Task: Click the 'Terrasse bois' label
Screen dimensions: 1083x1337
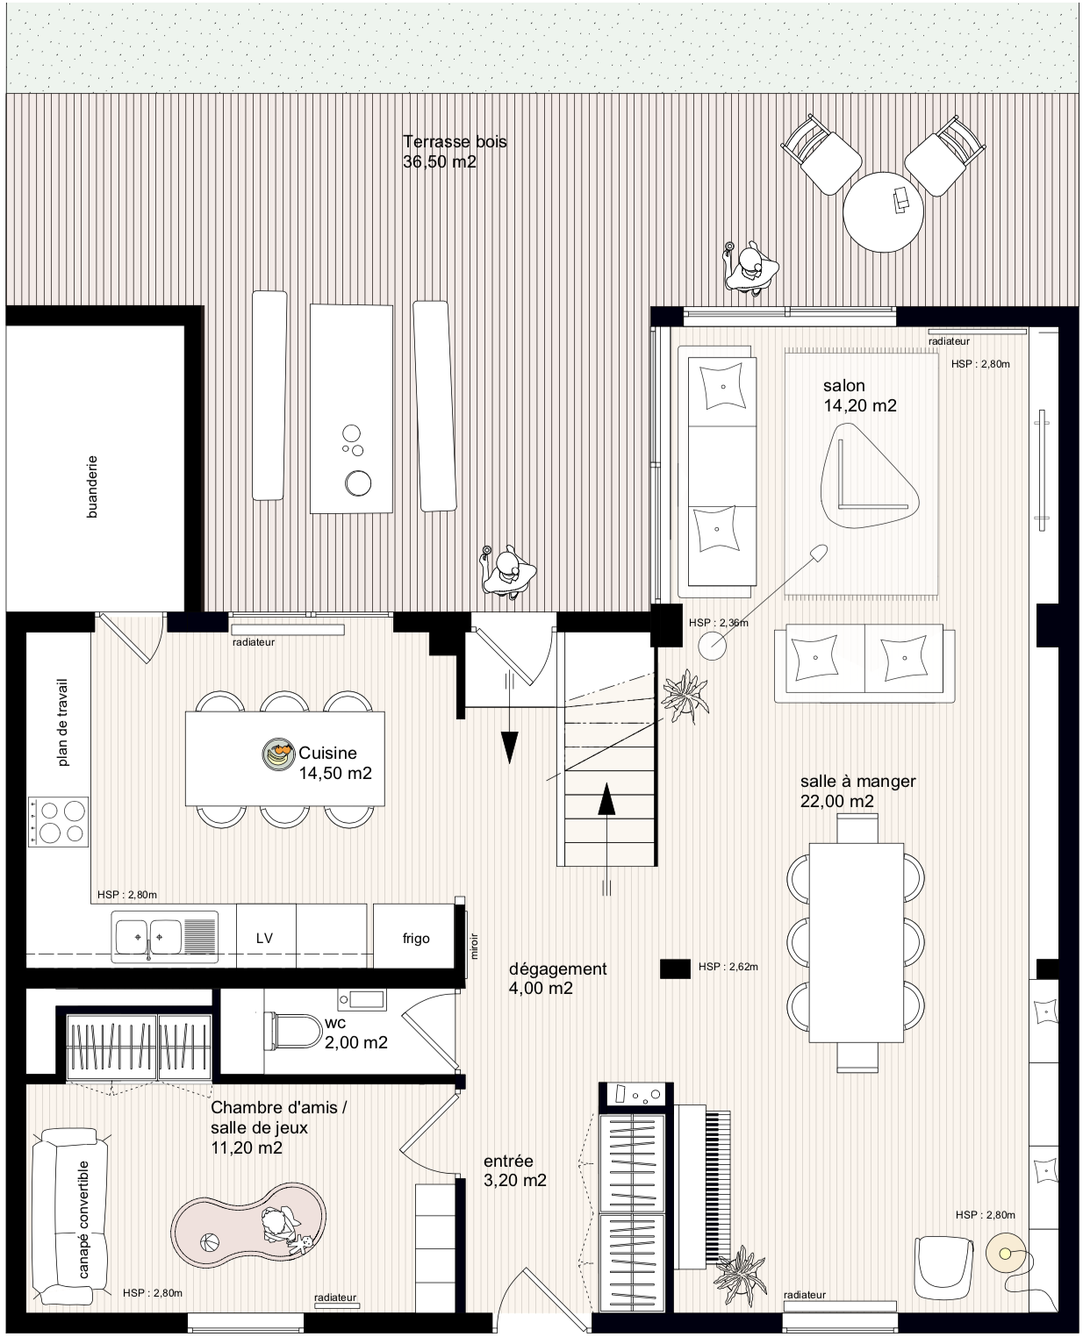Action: (x=455, y=142)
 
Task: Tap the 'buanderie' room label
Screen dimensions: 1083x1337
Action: (x=92, y=487)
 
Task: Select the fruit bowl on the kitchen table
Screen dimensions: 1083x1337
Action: (x=278, y=754)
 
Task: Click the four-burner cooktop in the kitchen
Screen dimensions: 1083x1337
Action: (x=59, y=822)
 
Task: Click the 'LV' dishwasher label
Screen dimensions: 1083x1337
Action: (x=264, y=939)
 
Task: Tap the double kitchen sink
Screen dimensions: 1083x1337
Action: (x=165, y=937)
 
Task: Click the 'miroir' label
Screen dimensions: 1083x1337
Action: (x=475, y=946)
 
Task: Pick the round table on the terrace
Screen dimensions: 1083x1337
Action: (x=883, y=212)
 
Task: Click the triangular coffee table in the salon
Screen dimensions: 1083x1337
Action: (x=869, y=475)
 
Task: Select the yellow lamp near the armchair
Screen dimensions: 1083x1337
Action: (x=1006, y=1254)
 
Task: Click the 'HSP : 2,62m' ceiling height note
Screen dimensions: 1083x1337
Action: (x=728, y=968)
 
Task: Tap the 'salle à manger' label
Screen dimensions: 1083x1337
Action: (x=857, y=781)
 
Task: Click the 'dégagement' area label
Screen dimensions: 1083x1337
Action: (x=557, y=969)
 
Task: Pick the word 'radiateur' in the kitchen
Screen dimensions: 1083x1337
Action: (x=253, y=642)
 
